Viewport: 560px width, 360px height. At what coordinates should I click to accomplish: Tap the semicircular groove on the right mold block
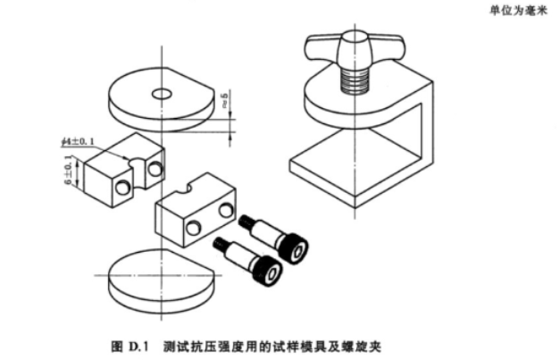pos(188,189)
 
